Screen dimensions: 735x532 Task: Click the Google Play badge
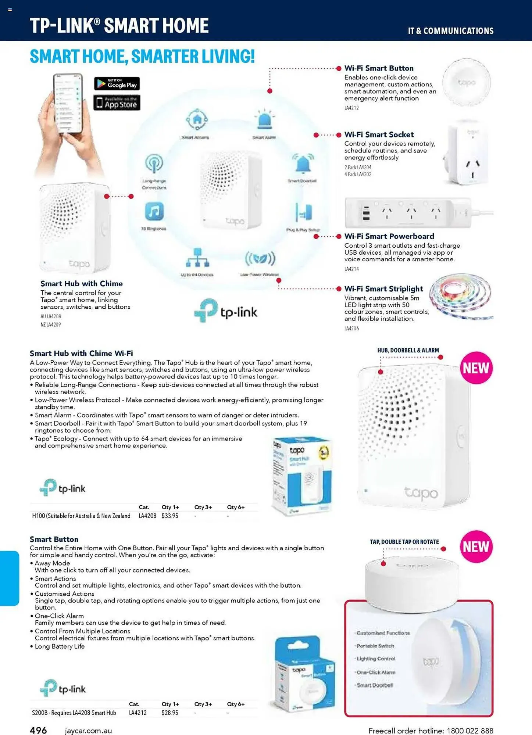click(117, 84)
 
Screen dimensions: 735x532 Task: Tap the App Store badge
click(117, 103)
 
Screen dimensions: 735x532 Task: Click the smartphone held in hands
click(68, 104)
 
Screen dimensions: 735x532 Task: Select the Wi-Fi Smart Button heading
click(379, 68)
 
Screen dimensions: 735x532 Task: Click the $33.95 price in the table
click(170, 516)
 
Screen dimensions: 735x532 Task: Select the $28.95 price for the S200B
click(170, 713)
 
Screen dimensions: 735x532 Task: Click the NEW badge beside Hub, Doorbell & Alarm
click(476, 368)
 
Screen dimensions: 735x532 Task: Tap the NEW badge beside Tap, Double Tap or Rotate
click(476, 546)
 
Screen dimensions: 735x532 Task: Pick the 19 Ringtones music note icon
click(154, 212)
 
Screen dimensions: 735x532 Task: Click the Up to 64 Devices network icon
click(197, 258)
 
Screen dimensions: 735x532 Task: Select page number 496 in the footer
click(38, 730)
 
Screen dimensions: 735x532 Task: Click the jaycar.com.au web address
click(88, 731)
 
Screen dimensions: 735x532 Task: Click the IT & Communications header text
click(450, 31)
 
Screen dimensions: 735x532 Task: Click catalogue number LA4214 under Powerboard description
click(351, 269)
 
